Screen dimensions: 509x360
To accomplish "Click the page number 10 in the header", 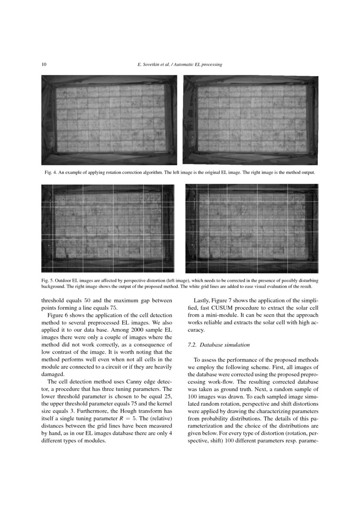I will tap(44, 64).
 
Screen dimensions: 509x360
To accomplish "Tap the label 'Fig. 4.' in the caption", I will tap(51, 173).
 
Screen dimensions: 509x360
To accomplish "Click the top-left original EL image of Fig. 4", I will tap(109, 120).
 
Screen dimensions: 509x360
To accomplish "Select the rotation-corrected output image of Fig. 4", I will tap(251, 120).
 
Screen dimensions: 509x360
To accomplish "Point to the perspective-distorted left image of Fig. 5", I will tap(108, 229).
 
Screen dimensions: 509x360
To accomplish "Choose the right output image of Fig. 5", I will tap(252, 229).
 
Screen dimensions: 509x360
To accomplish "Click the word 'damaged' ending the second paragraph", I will tap(53, 374).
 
